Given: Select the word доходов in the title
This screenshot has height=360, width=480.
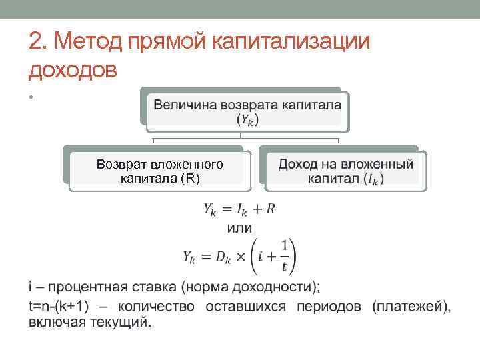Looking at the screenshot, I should [x=73, y=69].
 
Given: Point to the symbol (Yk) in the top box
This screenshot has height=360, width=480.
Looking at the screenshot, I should [x=247, y=120].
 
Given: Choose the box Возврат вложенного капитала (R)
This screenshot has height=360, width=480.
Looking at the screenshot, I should [x=159, y=171].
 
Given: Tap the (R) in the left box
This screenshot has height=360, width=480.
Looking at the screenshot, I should [x=191, y=178].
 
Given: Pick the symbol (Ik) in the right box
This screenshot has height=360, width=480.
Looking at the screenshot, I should [x=374, y=179].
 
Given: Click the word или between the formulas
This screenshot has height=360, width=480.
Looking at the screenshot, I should [x=239, y=228].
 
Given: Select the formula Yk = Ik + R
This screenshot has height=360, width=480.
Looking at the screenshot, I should [x=239, y=209].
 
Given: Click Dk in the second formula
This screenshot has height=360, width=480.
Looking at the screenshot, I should [x=222, y=257].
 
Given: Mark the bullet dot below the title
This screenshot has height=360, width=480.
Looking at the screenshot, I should [x=31, y=97].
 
